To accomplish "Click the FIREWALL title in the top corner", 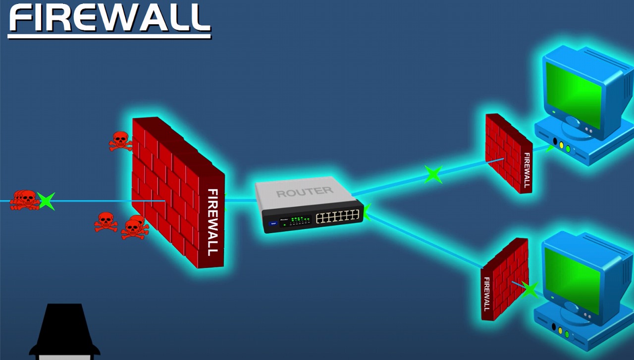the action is pyautogui.click(x=110, y=18).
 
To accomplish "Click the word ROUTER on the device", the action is pyautogui.click(x=305, y=192).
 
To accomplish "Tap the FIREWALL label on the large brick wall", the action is pyautogui.click(x=213, y=222).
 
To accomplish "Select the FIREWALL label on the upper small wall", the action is pyautogui.click(x=527, y=170).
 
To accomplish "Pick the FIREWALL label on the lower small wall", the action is pyautogui.click(x=486, y=294).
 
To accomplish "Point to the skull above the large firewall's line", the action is pyautogui.click(x=120, y=141).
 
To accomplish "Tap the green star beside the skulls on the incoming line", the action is pyautogui.click(x=46, y=201).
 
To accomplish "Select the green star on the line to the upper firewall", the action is pyautogui.click(x=433, y=174).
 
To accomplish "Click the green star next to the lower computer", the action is pyautogui.click(x=529, y=290).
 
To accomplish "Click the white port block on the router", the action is pyautogui.click(x=337, y=216).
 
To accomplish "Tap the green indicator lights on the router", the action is pyautogui.click(x=301, y=220).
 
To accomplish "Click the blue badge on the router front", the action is pyautogui.click(x=273, y=224).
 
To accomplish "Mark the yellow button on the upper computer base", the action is pyautogui.click(x=562, y=145).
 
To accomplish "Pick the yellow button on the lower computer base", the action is pyautogui.click(x=560, y=330).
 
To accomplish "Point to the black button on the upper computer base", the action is pyautogui.click(x=555, y=141).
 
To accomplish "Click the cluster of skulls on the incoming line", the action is pyautogui.click(x=25, y=200).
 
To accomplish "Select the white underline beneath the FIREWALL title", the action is pyautogui.click(x=109, y=36).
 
